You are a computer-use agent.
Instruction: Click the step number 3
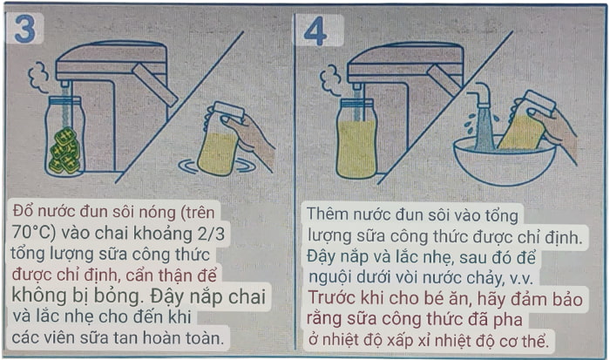(25, 30)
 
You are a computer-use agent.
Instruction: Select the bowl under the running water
(505, 162)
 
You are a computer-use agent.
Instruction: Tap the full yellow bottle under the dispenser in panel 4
(356, 139)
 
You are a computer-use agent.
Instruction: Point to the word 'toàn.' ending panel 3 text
(207, 336)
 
